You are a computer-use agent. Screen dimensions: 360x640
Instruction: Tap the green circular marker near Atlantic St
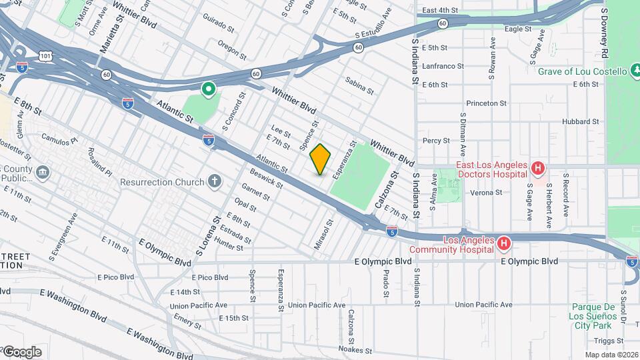click(x=208, y=87)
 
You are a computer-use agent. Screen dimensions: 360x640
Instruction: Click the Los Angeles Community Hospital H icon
click(x=504, y=244)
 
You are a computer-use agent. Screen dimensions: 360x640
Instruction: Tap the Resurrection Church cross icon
click(x=214, y=181)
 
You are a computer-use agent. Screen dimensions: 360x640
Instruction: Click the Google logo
click(x=21, y=351)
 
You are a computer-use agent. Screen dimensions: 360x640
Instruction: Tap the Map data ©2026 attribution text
click(x=611, y=354)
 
